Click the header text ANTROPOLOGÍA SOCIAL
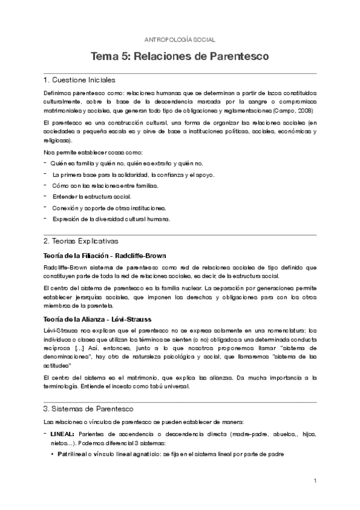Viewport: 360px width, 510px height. coord(180,40)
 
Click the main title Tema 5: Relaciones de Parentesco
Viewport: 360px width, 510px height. coord(180,57)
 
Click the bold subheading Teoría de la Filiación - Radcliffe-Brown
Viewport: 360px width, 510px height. coord(105,256)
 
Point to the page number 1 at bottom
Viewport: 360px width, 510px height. coord(314,481)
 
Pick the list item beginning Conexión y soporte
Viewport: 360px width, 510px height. coord(108,208)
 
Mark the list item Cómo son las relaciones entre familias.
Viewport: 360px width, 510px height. coord(105,186)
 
